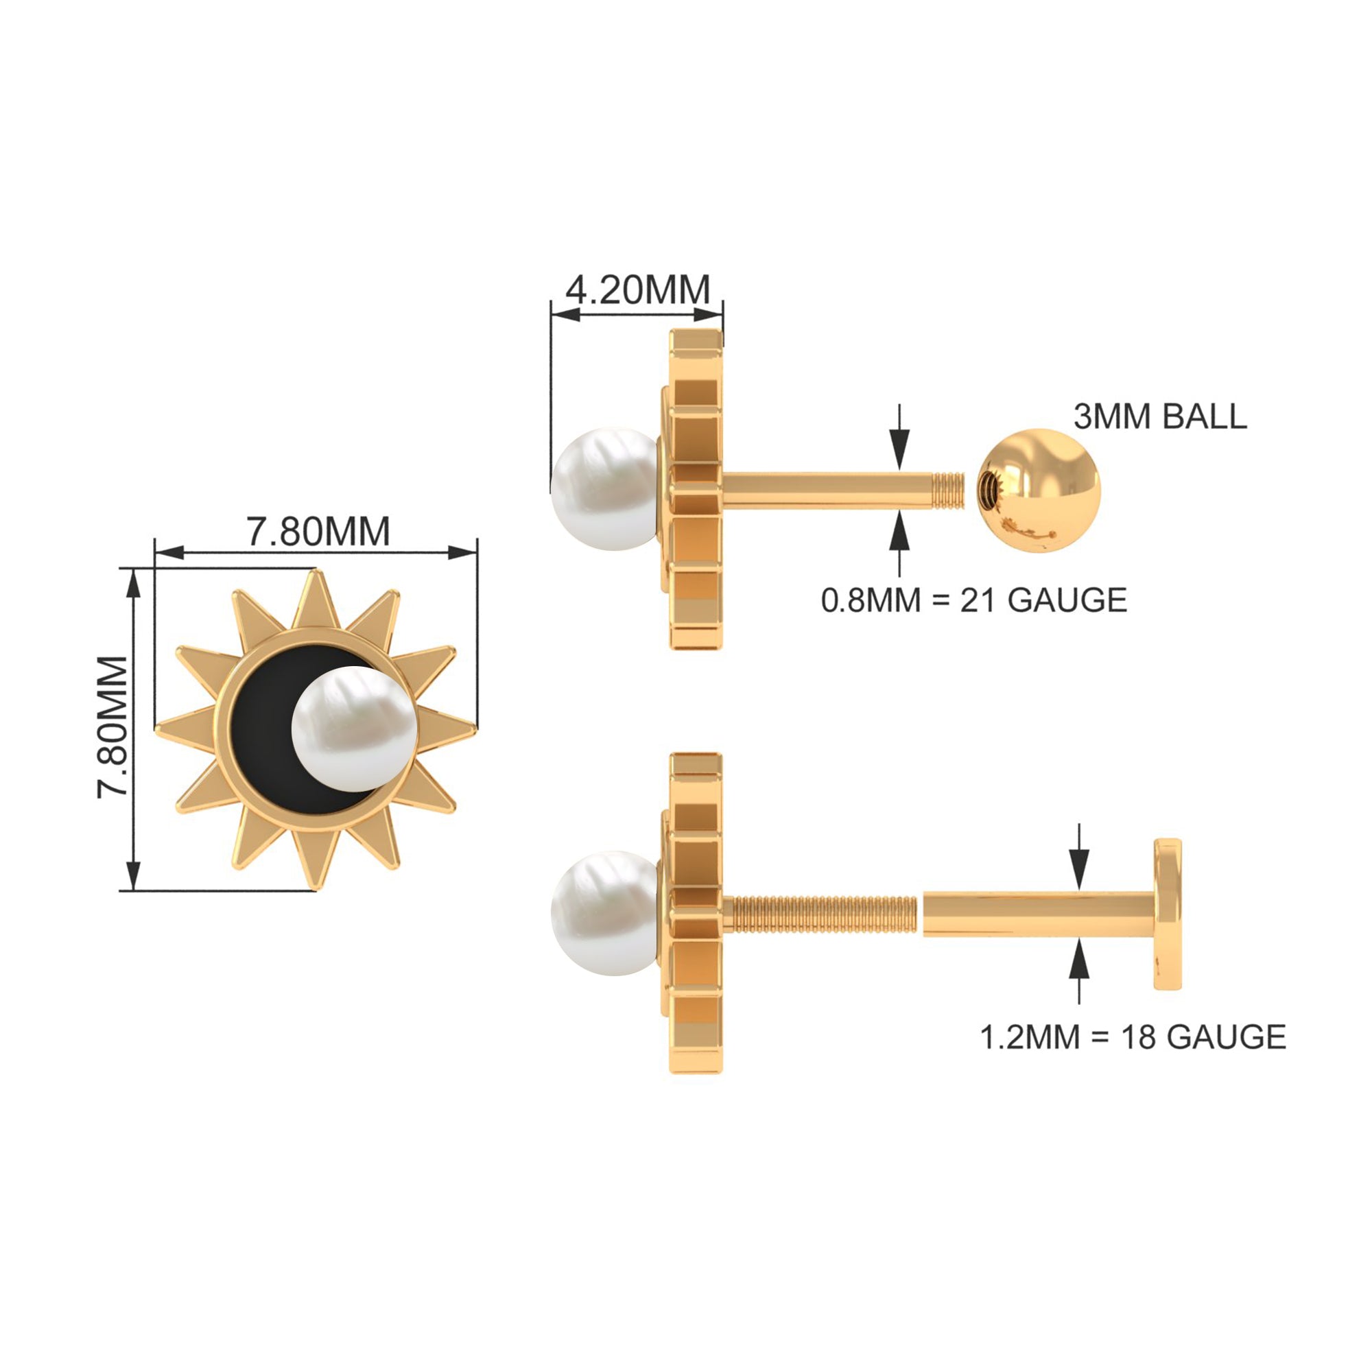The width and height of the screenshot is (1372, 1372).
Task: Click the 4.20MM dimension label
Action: [638, 289]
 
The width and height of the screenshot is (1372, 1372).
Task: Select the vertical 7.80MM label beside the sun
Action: [113, 727]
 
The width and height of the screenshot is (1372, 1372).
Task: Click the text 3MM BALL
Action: [1159, 416]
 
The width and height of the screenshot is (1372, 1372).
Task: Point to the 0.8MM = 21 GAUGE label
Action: [973, 600]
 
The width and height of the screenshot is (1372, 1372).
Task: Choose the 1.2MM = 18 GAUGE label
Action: [1133, 1037]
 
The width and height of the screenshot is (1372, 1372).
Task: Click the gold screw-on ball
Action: [1038, 489]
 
